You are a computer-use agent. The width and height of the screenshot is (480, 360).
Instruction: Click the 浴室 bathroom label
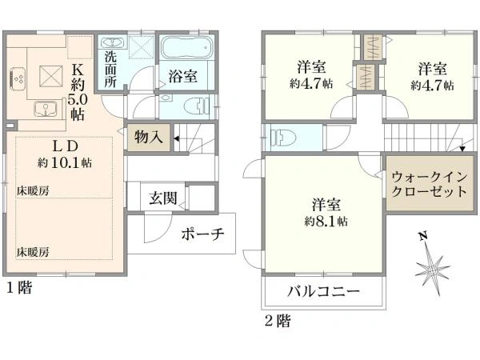182,76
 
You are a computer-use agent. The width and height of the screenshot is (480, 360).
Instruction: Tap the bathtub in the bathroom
186,48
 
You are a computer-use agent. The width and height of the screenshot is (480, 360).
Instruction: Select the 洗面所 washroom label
110,69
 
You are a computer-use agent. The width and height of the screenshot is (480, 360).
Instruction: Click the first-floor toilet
197,106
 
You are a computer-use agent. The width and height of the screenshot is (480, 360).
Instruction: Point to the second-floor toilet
283,138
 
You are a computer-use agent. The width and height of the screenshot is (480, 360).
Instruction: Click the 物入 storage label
149,137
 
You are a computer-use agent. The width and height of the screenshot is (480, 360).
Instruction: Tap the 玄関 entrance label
163,198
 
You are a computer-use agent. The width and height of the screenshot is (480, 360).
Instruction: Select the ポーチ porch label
202,234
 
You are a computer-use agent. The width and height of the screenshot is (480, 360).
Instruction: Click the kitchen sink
46,109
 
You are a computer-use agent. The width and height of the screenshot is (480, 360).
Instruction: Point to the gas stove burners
18,78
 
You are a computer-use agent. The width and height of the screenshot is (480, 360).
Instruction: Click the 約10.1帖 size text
65,162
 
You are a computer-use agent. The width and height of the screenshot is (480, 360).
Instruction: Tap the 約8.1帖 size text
326,221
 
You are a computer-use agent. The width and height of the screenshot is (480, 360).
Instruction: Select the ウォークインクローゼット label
430,184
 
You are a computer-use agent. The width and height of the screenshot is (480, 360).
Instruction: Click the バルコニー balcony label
323,291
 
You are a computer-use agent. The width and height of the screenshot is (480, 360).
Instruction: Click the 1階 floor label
19,288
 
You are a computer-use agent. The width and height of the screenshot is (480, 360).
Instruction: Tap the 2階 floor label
278,321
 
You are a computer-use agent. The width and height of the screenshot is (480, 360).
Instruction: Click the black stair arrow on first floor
177,138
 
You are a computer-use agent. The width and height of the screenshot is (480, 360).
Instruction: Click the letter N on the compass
424,237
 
